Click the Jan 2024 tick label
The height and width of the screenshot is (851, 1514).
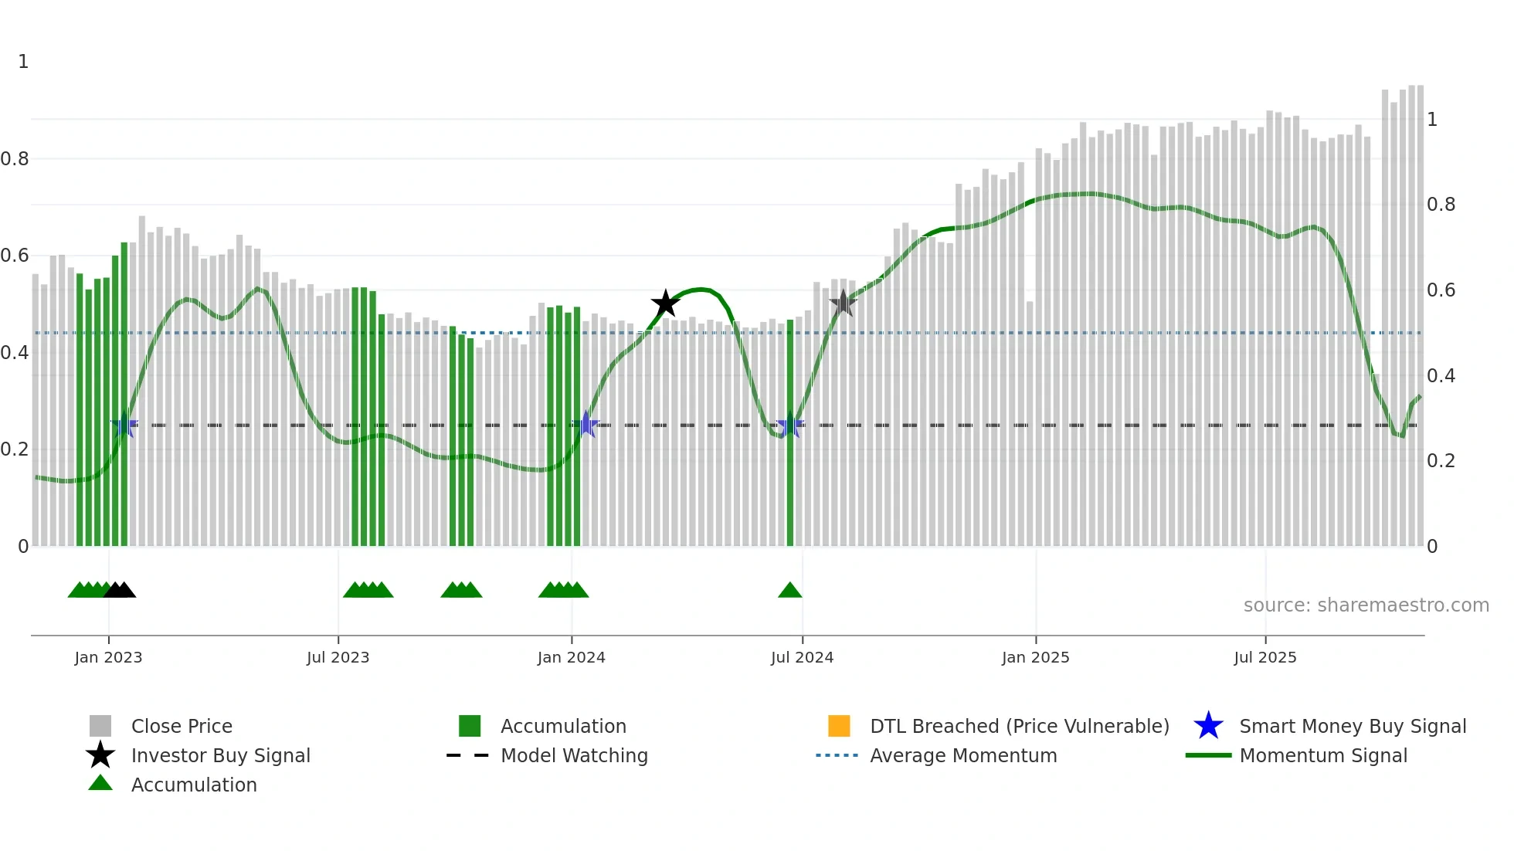[x=571, y=657]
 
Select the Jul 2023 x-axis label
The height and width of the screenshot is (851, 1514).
[x=338, y=657]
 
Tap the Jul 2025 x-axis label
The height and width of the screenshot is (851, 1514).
[x=1264, y=657]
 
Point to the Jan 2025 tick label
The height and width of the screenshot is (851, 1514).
[x=1035, y=657]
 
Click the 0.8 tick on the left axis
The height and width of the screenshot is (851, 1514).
[x=15, y=159]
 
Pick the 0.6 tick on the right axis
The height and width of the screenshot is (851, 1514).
[x=1441, y=290]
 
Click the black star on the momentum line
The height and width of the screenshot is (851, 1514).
[x=665, y=303]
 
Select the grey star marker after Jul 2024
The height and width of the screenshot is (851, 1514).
[x=843, y=303]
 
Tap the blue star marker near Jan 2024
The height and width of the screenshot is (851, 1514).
[x=586, y=425]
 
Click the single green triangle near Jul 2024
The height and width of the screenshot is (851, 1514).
[x=789, y=591]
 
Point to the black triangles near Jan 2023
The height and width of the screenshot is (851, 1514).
[x=120, y=591]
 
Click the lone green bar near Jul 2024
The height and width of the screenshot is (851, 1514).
[x=790, y=432]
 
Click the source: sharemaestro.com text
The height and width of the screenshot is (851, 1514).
[x=1366, y=605]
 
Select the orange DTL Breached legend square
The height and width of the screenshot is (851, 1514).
[x=839, y=726]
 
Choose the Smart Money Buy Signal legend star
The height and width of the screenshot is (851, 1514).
[x=1208, y=726]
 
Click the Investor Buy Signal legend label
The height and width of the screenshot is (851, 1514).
[x=220, y=755]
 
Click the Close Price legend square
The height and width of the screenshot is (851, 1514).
[x=100, y=726]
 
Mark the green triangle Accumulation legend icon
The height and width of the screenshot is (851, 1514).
[x=100, y=784]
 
